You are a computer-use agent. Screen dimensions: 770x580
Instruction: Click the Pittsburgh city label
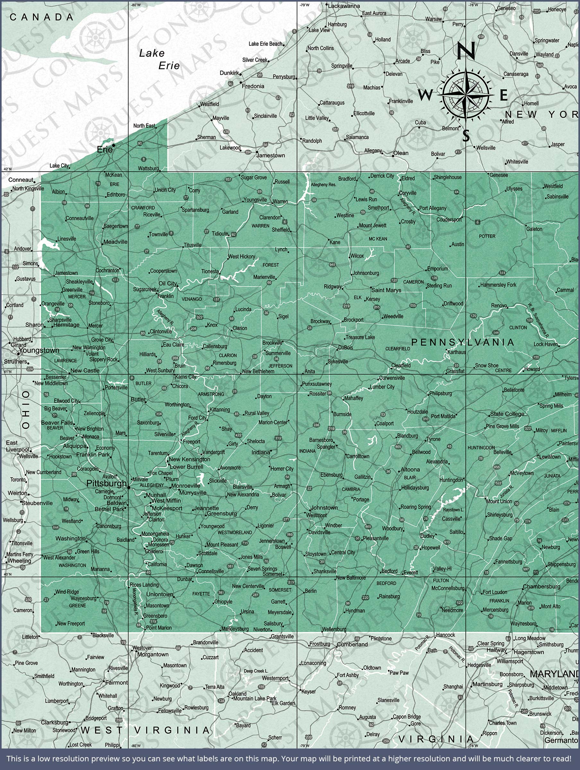point(106,483)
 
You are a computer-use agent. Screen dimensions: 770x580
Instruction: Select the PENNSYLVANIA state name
point(463,342)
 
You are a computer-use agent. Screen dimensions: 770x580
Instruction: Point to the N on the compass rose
point(466,50)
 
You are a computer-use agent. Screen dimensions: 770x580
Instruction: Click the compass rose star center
point(466,94)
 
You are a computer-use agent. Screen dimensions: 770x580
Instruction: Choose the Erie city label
point(105,150)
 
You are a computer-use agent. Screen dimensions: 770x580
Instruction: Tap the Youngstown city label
point(39,350)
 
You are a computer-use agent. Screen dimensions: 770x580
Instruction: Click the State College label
point(507,414)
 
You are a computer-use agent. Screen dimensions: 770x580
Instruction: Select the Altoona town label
point(410,470)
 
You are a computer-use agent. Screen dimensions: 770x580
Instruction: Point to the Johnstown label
point(324,508)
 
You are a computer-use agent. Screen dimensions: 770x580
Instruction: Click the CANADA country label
point(41,17)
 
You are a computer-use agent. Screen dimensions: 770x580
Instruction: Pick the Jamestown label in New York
point(270,155)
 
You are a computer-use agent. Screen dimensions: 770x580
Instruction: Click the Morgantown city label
point(153,654)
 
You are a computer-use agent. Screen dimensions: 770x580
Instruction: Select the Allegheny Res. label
point(323,184)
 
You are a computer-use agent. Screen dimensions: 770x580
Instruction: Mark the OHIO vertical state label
point(26,410)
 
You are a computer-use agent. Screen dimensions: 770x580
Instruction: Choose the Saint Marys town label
point(386,290)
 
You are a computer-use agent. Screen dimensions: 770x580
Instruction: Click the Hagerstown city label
point(528,652)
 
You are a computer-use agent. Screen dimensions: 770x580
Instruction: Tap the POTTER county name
point(487,236)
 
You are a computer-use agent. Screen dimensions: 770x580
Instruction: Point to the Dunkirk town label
point(229,73)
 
